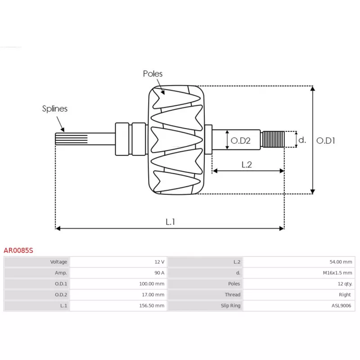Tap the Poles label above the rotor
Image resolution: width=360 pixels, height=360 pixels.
coord(153,74)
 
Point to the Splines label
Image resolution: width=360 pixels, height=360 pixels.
coord(55,108)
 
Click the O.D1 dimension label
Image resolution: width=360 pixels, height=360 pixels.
coord(326,140)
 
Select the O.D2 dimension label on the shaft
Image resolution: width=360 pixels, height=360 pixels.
coord(240,141)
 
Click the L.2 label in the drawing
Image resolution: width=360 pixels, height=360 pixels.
coord(246,165)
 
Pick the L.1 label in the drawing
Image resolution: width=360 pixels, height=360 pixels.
coord(170,221)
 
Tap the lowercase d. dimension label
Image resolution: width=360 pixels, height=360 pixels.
coord(302,140)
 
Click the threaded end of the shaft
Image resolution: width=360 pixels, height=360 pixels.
coord(274,139)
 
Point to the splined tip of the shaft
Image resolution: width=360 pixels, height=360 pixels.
coord(63,139)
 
